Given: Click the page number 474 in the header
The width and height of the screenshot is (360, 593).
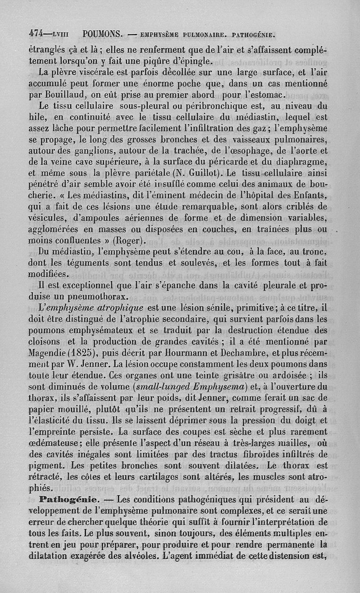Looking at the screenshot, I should (x=35, y=34).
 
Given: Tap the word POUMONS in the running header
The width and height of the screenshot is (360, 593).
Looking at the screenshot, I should (x=103, y=34).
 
